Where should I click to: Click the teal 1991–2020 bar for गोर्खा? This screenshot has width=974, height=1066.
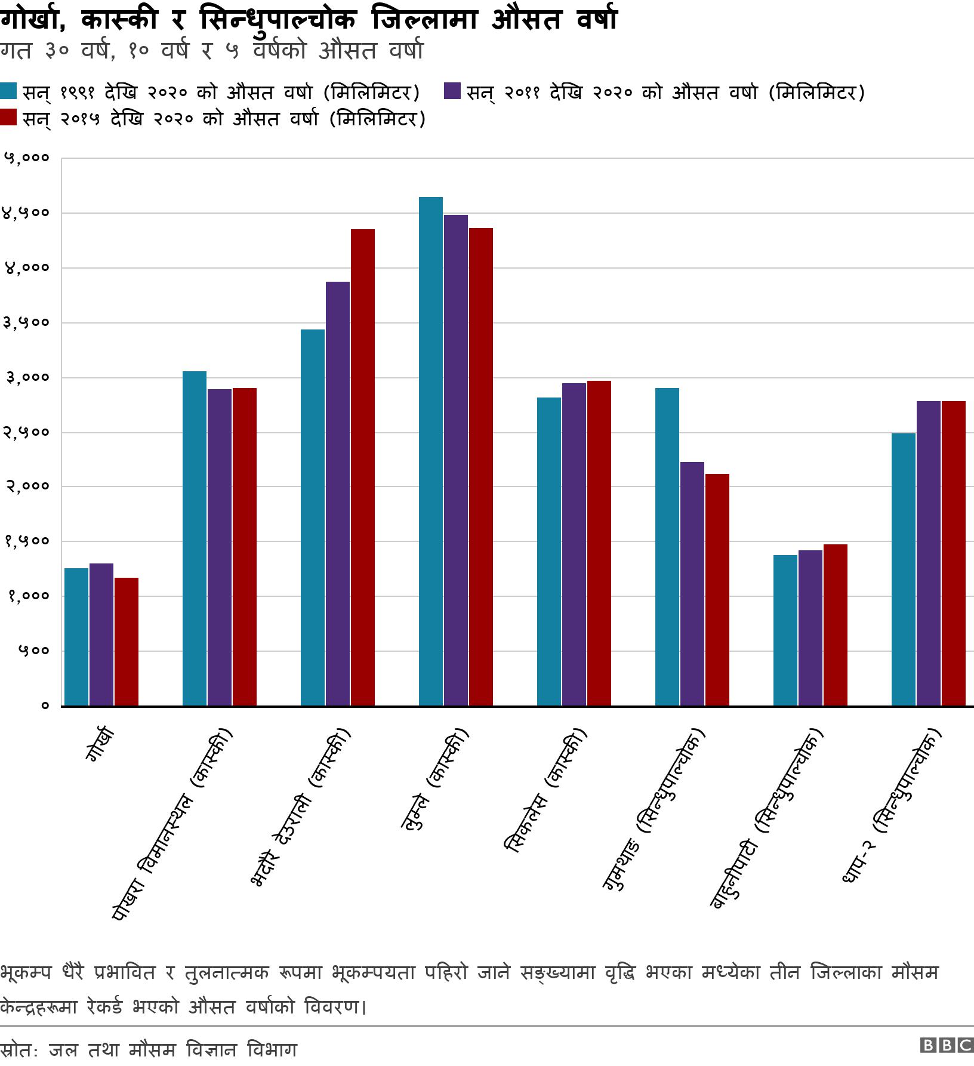[76, 636]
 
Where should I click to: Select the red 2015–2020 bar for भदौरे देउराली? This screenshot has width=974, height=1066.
[363, 467]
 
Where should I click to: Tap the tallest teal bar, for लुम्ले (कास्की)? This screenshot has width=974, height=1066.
[431, 451]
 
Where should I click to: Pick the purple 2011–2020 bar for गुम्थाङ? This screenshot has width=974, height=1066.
[692, 583]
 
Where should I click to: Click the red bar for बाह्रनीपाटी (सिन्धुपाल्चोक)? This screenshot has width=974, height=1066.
[836, 624]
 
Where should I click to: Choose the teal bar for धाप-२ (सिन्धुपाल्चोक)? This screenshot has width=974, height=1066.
[904, 569]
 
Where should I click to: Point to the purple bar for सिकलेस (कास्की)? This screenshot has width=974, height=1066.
[574, 544]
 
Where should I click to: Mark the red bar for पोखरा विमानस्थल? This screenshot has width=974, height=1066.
[245, 546]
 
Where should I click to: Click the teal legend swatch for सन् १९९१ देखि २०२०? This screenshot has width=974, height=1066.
[9, 92]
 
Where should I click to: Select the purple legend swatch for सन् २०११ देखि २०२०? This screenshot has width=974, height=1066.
[452, 92]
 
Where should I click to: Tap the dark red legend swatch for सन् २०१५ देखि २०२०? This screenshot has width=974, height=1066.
[9, 118]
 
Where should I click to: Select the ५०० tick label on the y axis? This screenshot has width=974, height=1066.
[36, 651]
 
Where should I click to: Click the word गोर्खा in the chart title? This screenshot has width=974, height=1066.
[36, 20]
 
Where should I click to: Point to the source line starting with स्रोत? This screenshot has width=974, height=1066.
[149, 1049]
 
